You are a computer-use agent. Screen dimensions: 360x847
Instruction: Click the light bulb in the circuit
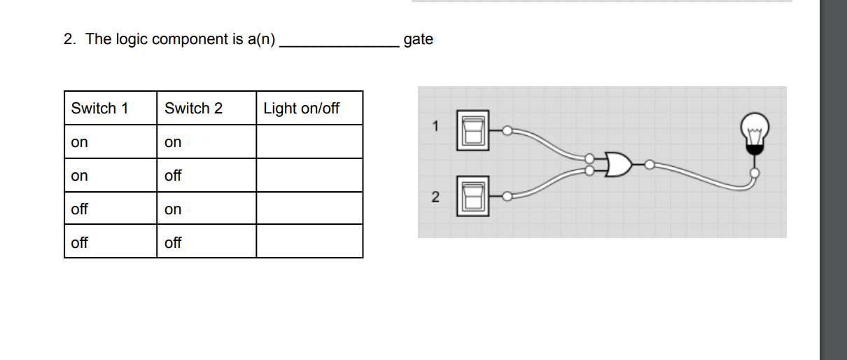pos(755,133)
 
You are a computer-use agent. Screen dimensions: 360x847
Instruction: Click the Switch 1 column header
pos(100,109)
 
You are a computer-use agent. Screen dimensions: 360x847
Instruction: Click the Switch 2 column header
pos(194,109)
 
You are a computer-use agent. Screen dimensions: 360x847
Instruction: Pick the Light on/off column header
pos(302,109)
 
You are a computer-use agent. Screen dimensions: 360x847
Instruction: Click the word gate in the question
pos(419,39)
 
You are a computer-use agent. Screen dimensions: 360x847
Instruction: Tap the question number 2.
pos(69,39)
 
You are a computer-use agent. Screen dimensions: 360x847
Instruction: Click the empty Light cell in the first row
pos(309,142)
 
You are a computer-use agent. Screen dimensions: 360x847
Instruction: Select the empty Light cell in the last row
pos(309,242)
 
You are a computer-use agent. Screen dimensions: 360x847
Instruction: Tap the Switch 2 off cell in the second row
pos(173,176)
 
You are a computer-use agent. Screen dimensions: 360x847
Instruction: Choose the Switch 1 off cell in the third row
pos(80,209)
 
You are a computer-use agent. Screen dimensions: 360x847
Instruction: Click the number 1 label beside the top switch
pos(435,127)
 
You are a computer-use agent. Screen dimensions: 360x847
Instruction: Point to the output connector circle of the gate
pos(649,165)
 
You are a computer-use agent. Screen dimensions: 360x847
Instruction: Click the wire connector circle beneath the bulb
pos(754,172)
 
